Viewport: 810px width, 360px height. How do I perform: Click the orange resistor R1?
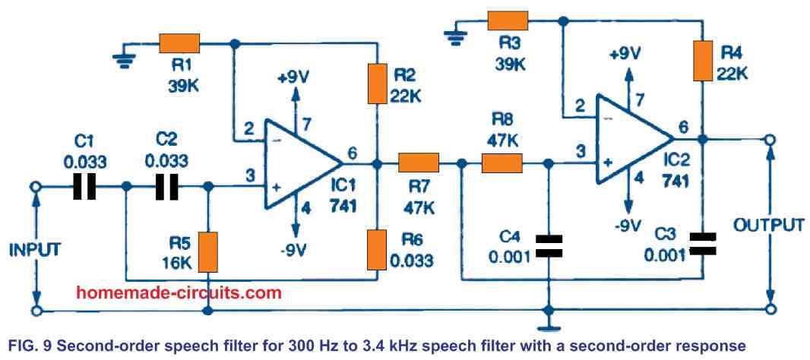pos(179,43)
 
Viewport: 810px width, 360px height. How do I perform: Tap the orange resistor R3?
pos(508,21)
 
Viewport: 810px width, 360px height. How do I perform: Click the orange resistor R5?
pos(208,251)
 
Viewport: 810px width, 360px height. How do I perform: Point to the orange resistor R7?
pos(419,163)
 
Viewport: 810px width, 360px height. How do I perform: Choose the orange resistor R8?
pos(502,163)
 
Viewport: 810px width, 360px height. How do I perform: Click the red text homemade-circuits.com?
pos(179,292)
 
